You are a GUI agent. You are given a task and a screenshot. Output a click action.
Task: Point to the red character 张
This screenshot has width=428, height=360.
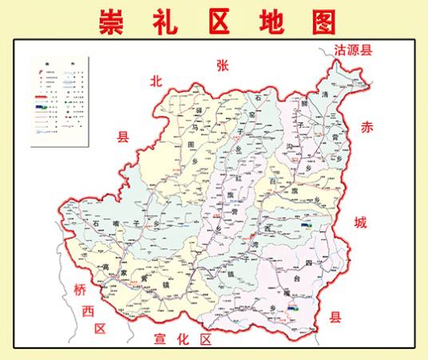(x=222, y=66)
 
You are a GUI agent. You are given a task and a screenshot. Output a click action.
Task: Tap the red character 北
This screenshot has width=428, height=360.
(x=157, y=81)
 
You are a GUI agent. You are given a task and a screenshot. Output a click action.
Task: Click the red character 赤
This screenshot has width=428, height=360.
(x=367, y=127)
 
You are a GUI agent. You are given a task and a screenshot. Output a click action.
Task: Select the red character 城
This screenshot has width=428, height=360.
(x=360, y=223)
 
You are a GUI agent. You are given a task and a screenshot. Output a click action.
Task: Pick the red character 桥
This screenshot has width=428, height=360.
(x=80, y=289)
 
